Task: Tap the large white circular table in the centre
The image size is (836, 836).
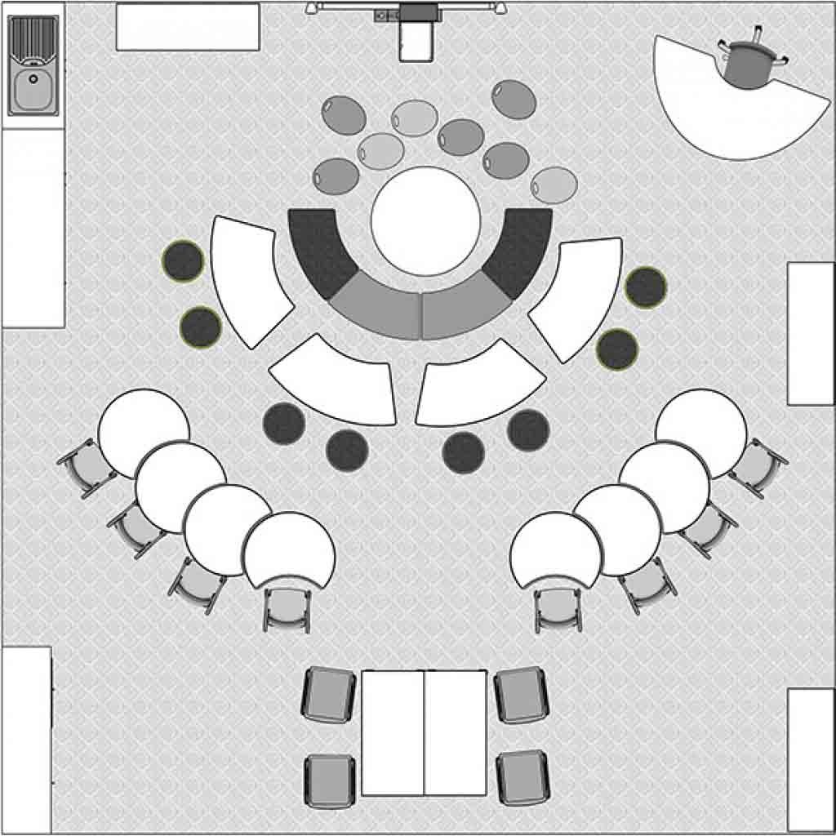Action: click(x=425, y=220)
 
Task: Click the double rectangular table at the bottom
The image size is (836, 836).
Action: click(x=425, y=732)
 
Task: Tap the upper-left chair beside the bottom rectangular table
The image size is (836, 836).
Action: click(x=329, y=695)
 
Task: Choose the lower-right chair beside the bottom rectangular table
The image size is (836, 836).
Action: click(x=523, y=777)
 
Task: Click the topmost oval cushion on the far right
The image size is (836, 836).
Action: click(x=514, y=99)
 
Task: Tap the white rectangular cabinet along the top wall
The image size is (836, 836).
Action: click(x=188, y=27)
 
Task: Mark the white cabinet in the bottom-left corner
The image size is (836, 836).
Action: click(x=26, y=739)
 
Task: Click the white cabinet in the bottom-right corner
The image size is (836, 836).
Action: click(x=810, y=759)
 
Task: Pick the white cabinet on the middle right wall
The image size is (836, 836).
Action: click(x=810, y=333)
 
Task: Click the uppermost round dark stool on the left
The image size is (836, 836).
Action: click(x=182, y=261)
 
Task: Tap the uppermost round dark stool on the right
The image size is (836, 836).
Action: click(x=646, y=287)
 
